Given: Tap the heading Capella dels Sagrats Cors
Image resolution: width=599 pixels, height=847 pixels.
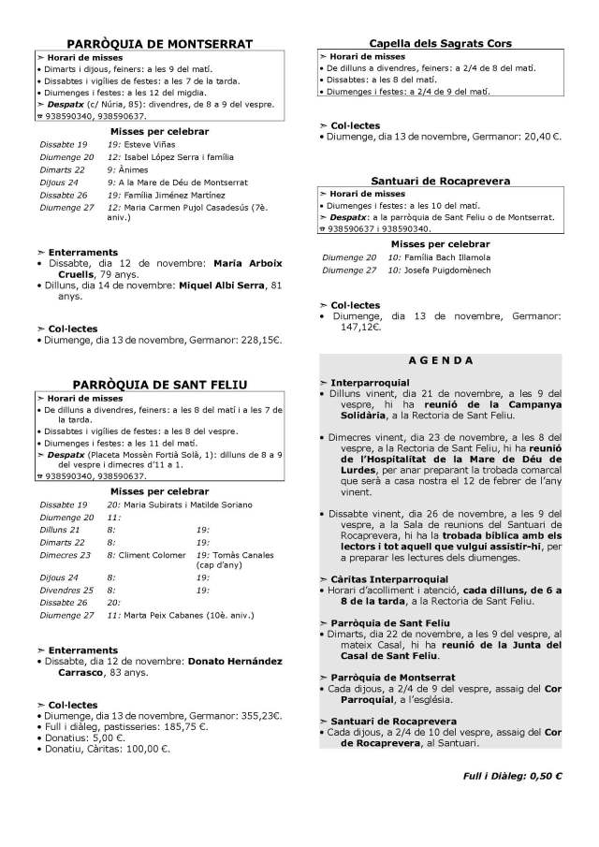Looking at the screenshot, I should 440,43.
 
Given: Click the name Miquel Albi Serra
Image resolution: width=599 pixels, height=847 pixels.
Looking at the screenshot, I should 224,285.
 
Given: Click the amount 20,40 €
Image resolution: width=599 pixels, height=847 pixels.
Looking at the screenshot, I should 540,136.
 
